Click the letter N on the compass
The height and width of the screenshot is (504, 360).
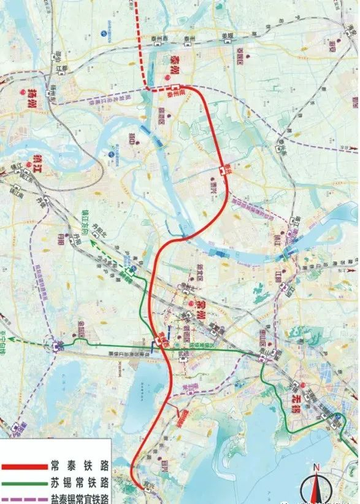coord(316,468)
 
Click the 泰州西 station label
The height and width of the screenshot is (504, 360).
coord(159,38)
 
